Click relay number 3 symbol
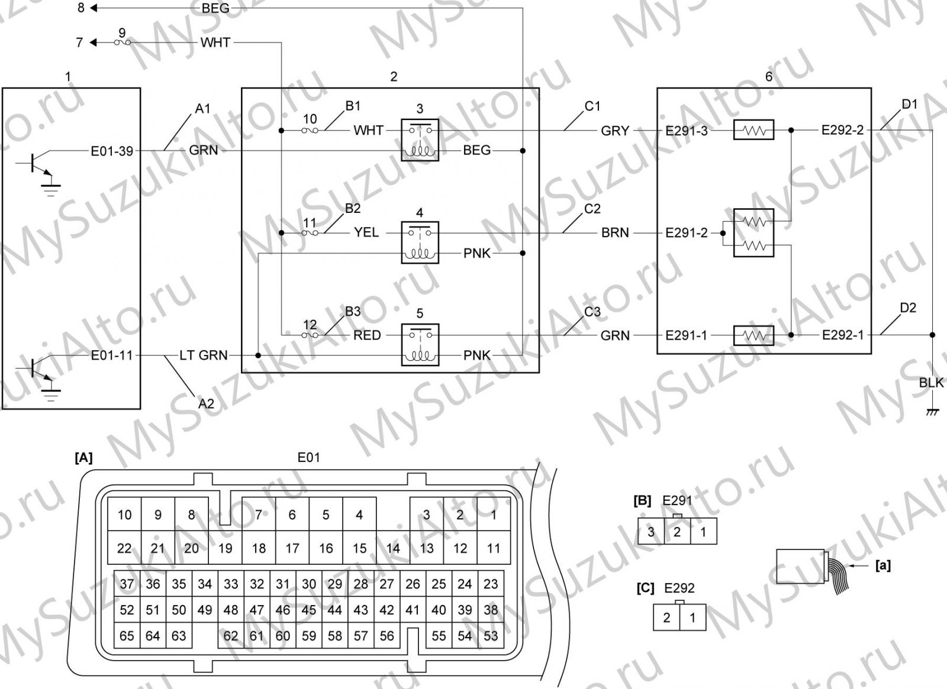tap(420, 140)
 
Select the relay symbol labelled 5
tap(420, 345)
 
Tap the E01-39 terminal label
tap(112, 151)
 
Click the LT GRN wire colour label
tap(204, 355)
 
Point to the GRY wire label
tap(615, 131)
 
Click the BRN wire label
tap(615, 233)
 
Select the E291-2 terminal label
tap(686, 233)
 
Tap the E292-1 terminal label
tap(843, 335)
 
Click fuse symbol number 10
tap(310, 131)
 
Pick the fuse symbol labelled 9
tap(122, 42)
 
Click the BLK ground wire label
tap(931, 383)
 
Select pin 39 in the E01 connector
tap(465, 610)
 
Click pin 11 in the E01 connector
tap(494, 548)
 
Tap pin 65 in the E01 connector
tap(127, 636)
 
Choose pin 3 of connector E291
tap(651, 532)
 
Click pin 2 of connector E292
tap(666, 617)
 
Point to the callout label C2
tap(592, 209)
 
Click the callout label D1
tap(910, 104)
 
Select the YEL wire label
tap(366, 232)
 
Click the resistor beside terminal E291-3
tap(754, 130)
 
